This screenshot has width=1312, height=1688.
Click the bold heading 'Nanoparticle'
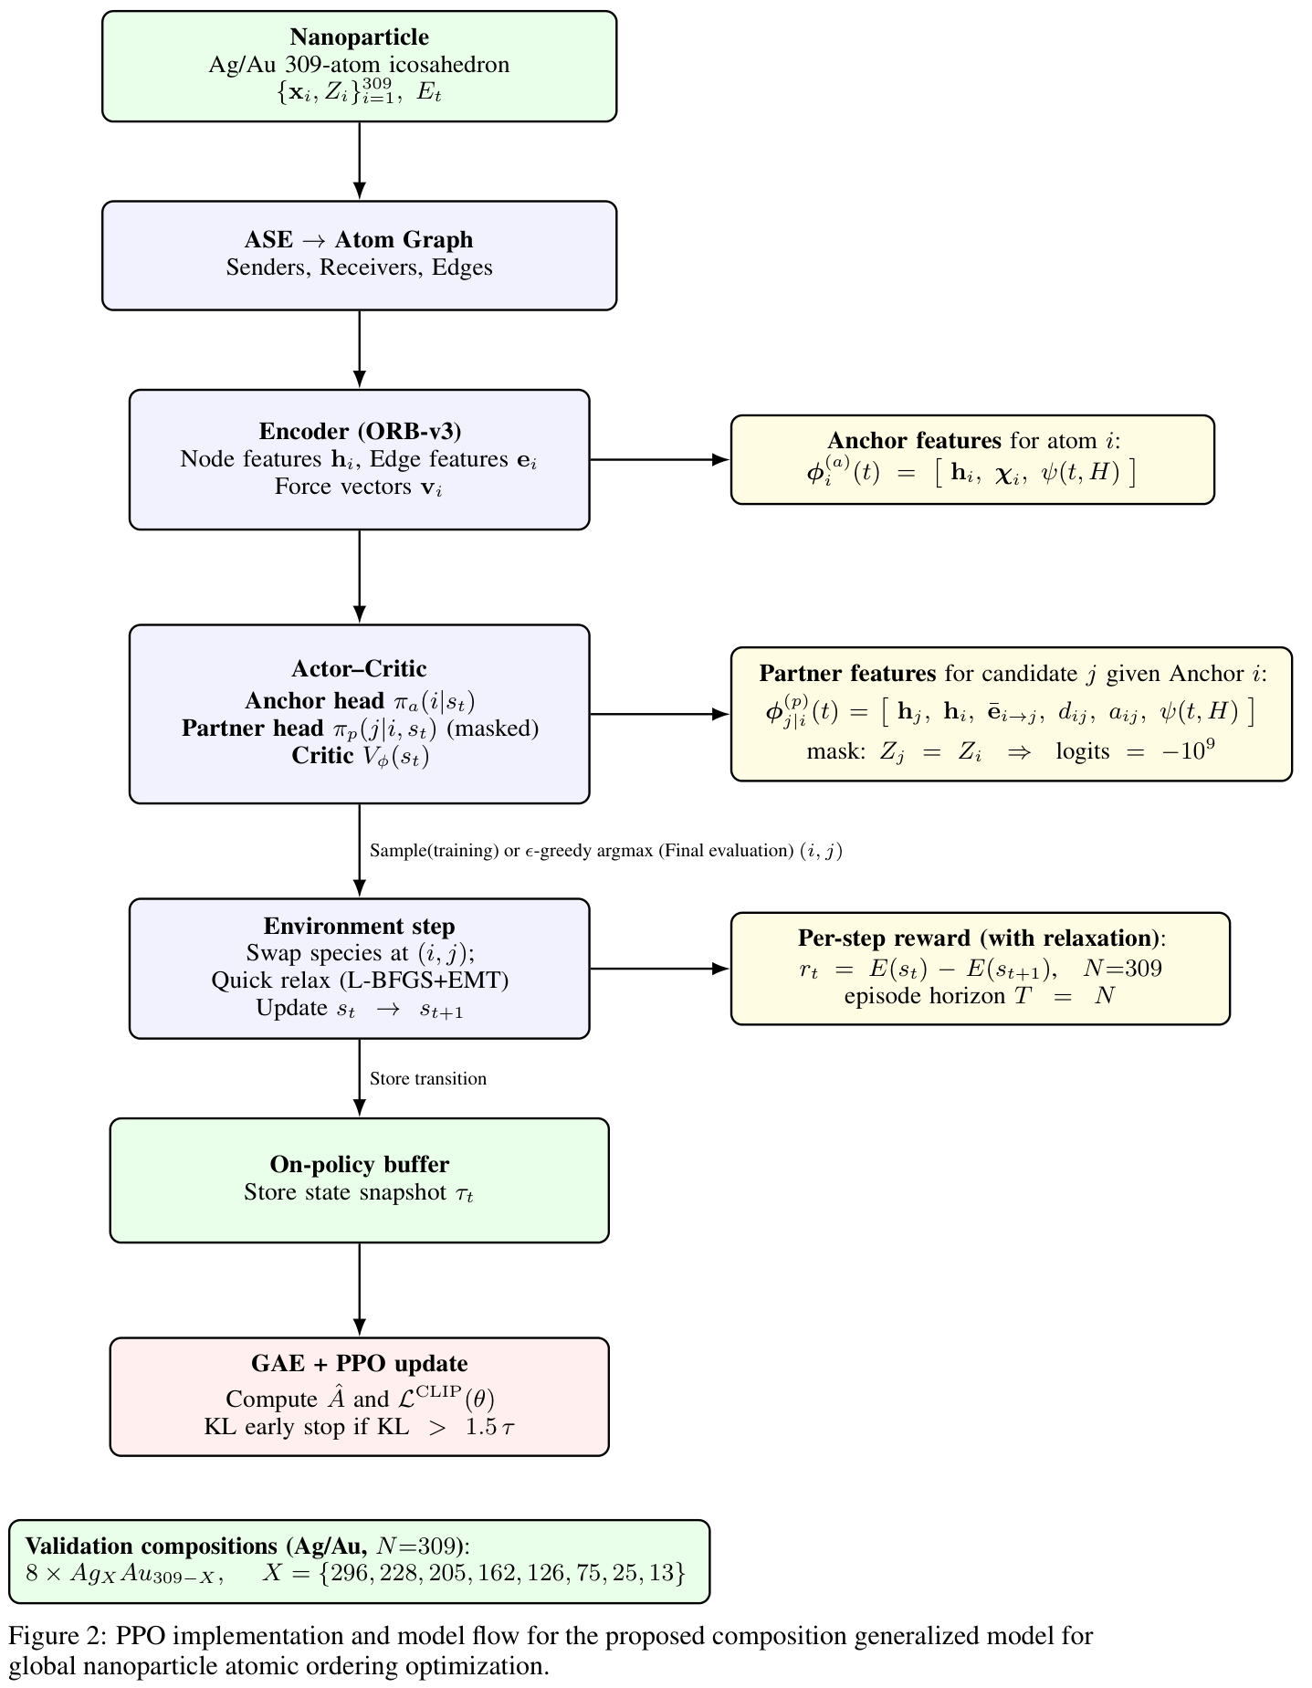coord(359,37)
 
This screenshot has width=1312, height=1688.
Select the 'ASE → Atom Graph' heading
coord(359,240)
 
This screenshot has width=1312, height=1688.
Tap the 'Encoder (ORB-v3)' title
coord(359,432)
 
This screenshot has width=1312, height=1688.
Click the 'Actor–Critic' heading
coord(359,669)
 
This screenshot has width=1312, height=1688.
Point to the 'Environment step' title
coord(359,927)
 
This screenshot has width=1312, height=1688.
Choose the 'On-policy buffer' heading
coord(359,1165)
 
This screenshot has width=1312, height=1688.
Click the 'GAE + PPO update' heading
coord(359,1364)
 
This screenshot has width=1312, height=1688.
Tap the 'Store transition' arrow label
coord(427,1079)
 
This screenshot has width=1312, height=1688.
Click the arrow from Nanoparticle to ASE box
coord(359,161)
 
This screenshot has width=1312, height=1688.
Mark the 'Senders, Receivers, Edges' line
coord(359,267)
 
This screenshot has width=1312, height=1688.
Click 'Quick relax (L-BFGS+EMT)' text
coord(359,980)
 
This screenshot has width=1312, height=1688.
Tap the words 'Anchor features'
coord(914,441)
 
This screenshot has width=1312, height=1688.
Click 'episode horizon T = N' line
coord(979,995)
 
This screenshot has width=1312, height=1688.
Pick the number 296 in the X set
coord(348,1573)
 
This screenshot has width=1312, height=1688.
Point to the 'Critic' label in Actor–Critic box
coord(322,756)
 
